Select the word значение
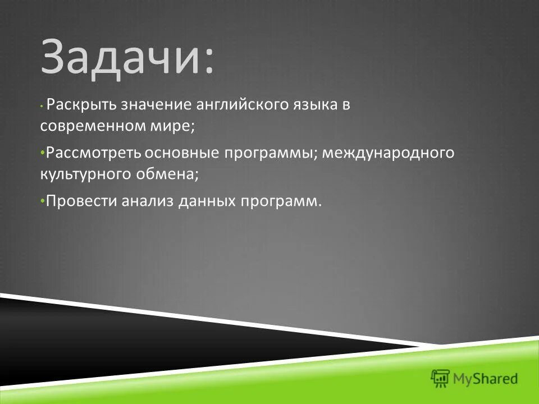coord(149,105)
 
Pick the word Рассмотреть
coord(93,153)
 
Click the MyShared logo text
coord(486,379)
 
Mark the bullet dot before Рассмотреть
coord(43,153)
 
